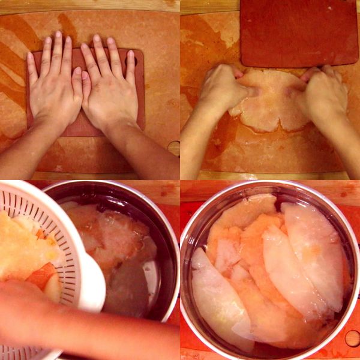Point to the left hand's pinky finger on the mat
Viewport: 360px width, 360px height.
point(32,69)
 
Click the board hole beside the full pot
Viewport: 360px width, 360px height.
point(352,338)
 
